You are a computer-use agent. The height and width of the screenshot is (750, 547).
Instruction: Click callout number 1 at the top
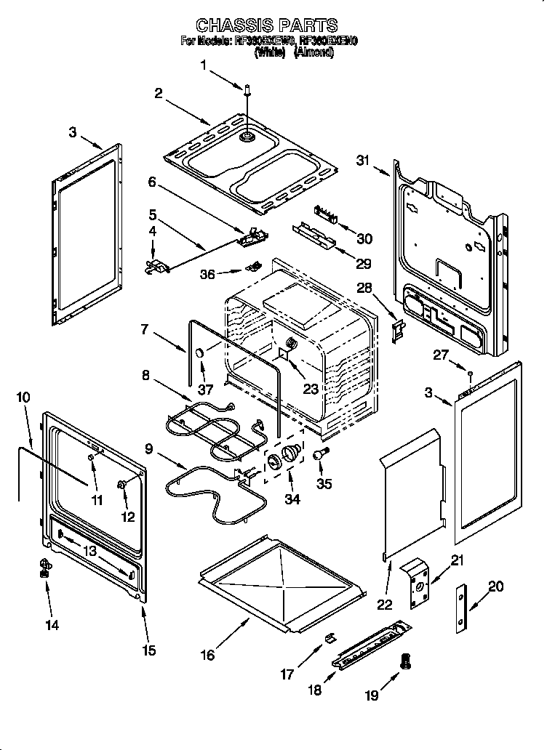coord(204,65)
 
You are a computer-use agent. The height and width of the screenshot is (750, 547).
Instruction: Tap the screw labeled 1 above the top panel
coord(247,89)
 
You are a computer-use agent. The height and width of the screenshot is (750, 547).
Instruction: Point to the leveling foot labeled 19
coord(406,661)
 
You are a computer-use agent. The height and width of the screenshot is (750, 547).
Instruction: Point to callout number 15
coord(148,650)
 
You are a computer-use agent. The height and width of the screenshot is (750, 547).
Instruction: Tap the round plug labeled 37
coord(198,353)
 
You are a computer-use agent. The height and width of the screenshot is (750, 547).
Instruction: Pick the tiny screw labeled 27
coord(471,375)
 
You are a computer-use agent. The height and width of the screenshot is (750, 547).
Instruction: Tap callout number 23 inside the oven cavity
coord(311,389)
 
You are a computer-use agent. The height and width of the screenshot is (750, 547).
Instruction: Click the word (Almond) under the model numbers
coord(314,53)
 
